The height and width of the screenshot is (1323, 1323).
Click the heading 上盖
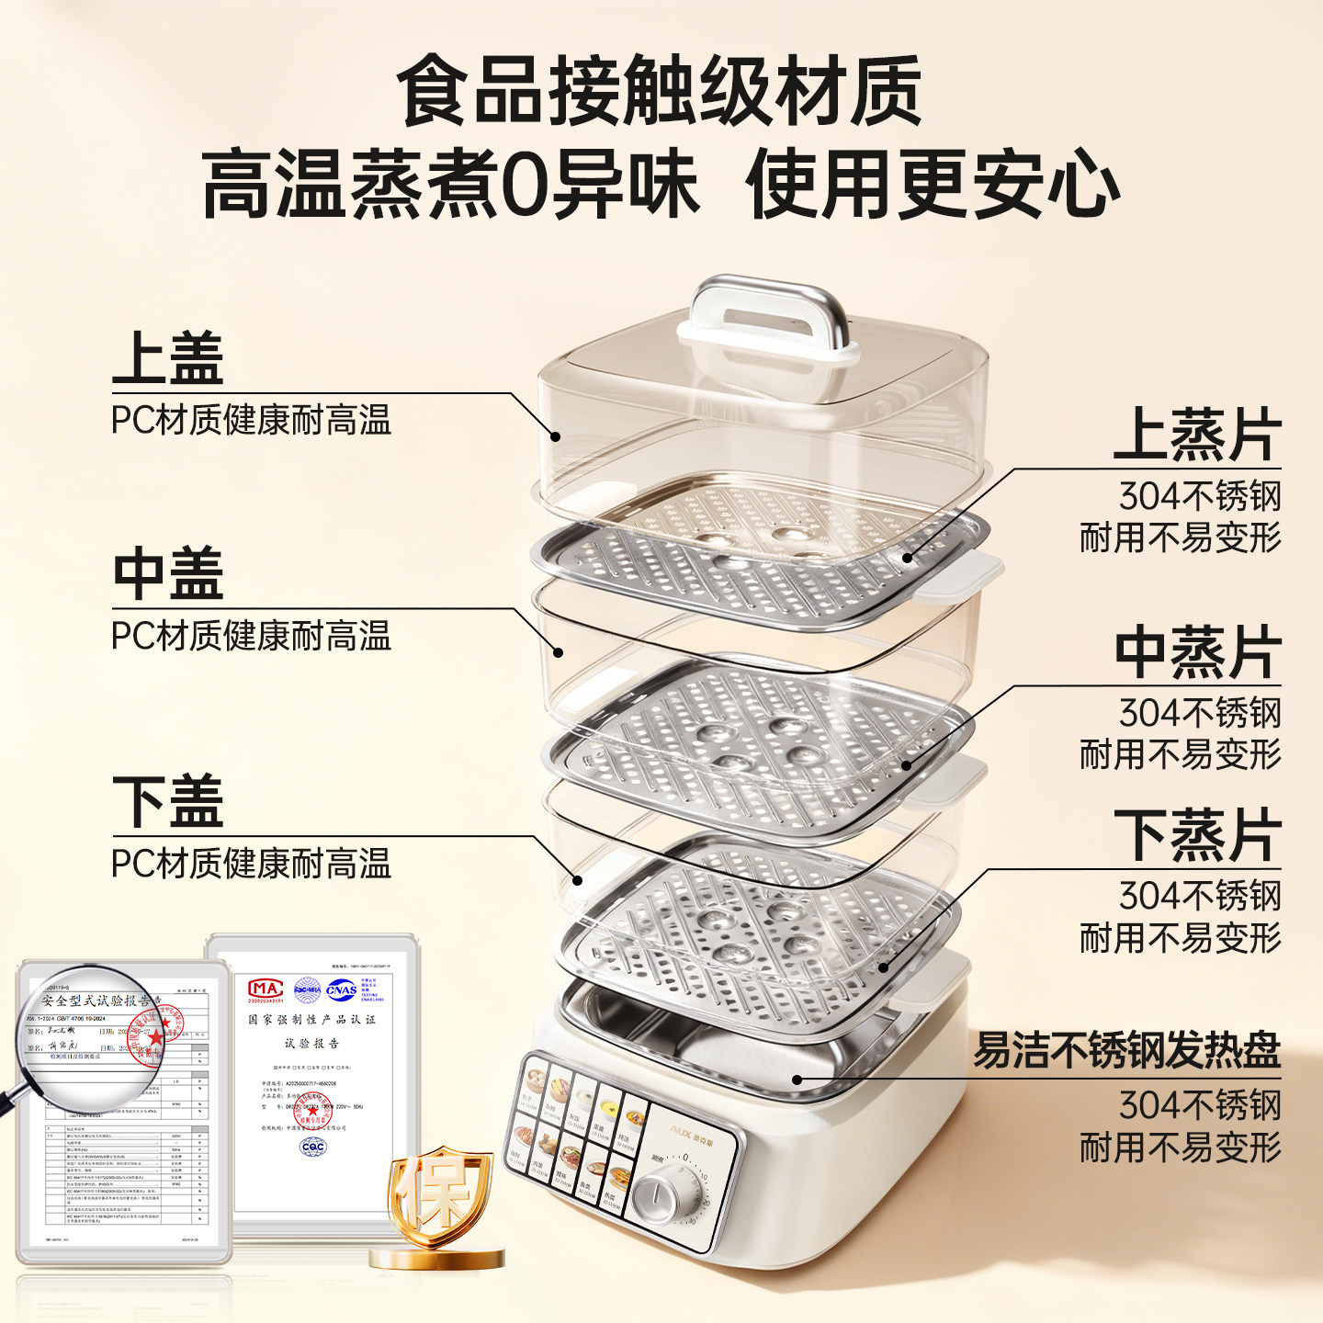(168, 358)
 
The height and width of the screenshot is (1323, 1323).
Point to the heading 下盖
(168, 801)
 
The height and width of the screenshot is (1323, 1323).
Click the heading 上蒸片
(1197, 435)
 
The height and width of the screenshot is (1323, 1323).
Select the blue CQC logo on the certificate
(313, 1147)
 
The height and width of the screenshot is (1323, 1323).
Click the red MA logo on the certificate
(266, 989)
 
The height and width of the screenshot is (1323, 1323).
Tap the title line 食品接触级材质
(660, 92)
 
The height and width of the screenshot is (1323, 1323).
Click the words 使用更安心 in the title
(933, 184)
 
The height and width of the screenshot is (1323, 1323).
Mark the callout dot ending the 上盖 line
(555, 436)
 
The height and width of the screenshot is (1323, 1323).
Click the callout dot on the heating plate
(797, 1080)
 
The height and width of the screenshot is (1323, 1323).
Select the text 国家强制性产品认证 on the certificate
(311, 1020)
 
